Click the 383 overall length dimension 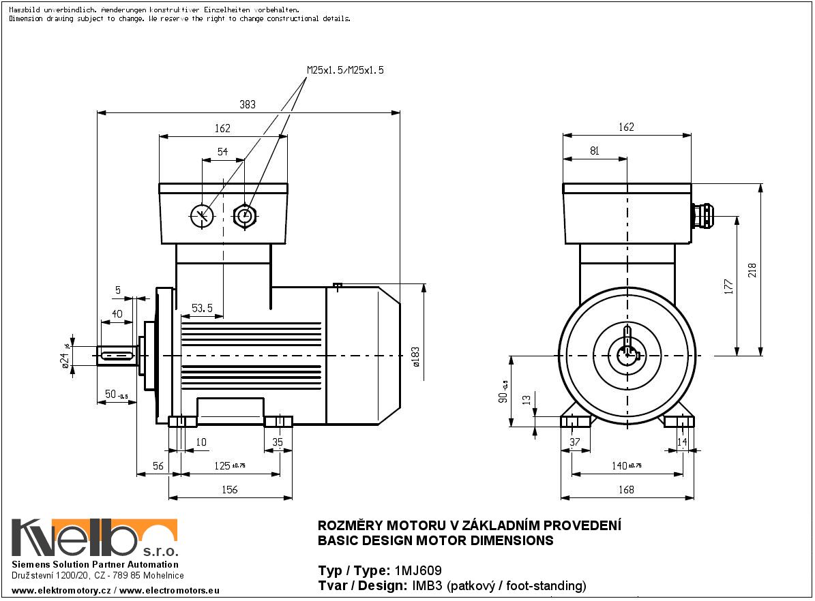tap(248, 104)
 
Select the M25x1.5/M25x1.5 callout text tap(345, 70)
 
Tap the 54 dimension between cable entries tap(223, 152)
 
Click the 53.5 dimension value tap(202, 309)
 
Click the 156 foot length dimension tap(230, 489)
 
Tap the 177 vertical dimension tap(728, 286)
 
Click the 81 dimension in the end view tap(594, 151)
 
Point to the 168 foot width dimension tap(626, 489)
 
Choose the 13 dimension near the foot tap(526, 399)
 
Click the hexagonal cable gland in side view tap(244, 217)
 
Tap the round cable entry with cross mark tap(202, 216)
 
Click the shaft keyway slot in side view tap(117, 355)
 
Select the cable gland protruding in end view tap(702, 216)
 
